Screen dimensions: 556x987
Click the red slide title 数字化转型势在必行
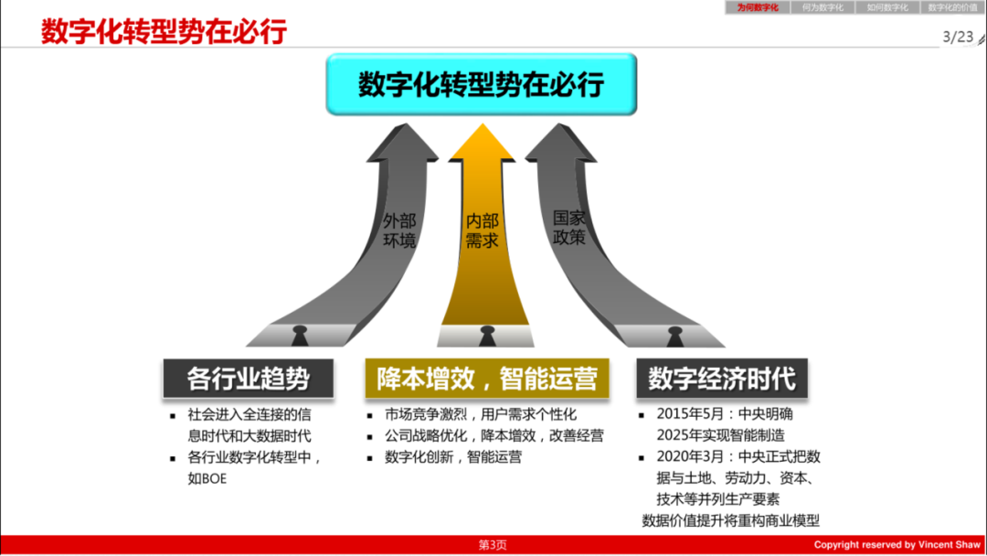[164, 32]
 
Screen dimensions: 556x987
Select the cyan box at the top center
[481, 84]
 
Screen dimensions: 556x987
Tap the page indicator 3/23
[958, 37]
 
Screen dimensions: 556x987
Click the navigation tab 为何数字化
[758, 7]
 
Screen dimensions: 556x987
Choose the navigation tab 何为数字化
[822, 7]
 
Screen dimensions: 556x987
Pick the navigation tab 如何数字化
[887, 7]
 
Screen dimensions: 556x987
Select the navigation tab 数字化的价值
[952, 7]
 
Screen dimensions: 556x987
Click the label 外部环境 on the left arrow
[399, 231]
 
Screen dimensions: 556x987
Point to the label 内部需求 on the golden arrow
[482, 231]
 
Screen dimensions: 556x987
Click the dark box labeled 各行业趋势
[249, 378]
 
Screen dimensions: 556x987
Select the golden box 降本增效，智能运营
[487, 378]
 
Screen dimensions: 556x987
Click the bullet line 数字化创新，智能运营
[453, 457]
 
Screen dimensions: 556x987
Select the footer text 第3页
[493, 545]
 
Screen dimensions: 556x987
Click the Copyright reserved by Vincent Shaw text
[897, 545]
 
